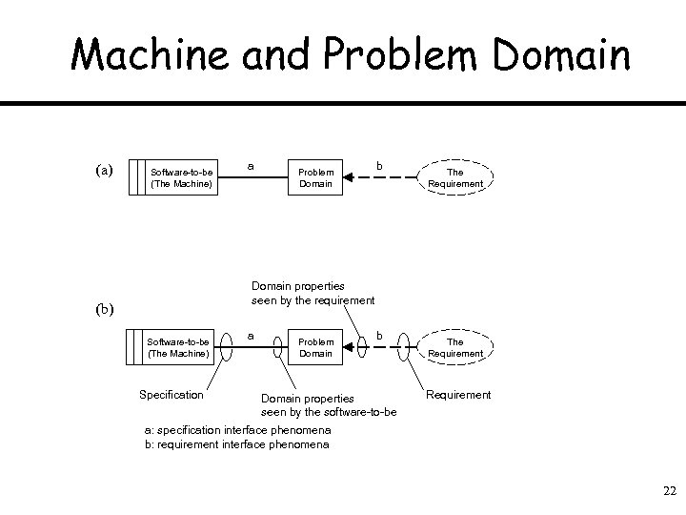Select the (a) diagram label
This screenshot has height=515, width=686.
coord(104,171)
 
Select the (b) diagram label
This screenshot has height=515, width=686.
coord(104,308)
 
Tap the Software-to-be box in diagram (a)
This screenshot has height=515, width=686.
coord(181,177)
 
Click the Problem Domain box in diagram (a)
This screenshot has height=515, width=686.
coord(315,177)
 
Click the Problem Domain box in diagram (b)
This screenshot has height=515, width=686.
coord(315,347)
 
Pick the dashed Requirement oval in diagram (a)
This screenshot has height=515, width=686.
coord(454,177)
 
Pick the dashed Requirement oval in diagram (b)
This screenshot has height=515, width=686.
coord(454,347)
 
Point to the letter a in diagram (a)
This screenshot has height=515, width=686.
coord(250,165)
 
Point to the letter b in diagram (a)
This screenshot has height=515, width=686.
coord(379,166)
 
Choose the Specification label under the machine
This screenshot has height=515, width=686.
coord(171,395)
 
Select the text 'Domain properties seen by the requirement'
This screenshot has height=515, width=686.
coord(313,293)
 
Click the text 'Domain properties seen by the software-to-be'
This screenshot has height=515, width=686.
coord(329,405)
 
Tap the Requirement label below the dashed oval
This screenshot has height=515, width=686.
coord(458,394)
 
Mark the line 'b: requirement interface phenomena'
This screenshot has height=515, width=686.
coord(235,443)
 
